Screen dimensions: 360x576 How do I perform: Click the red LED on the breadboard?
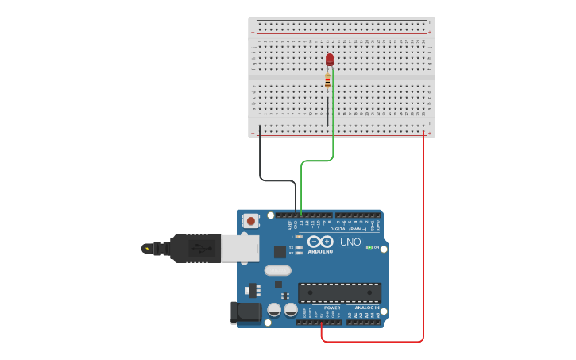[x=330, y=60]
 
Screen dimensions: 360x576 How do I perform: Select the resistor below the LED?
[x=327, y=80]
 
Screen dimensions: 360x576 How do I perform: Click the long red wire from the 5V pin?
[x=423, y=238]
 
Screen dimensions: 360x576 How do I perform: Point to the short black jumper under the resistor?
[x=327, y=111]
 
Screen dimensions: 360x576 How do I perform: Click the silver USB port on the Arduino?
[x=239, y=248]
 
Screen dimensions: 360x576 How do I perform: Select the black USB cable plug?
[x=195, y=248]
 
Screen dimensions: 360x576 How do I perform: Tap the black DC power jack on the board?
[x=245, y=312]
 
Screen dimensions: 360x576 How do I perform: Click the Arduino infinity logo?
[x=319, y=242]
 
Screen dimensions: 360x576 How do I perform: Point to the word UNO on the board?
[x=350, y=242]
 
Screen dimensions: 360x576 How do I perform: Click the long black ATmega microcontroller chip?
[x=339, y=292]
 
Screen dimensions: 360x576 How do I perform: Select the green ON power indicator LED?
[x=369, y=247]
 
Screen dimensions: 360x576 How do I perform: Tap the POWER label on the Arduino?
[x=332, y=308]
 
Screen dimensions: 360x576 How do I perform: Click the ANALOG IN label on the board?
[x=366, y=308]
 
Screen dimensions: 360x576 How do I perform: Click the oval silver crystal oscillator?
[x=278, y=270]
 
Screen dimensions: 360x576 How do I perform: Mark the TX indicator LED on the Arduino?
[x=299, y=247]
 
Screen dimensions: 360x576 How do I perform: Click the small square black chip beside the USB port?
[x=280, y=252]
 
